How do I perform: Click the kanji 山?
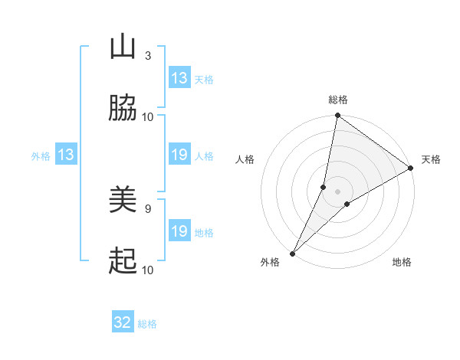pyautogui.click(x=123, y=47)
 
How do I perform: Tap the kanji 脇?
pyautogui.click(x=123, y=109)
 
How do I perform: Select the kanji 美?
pyautogui.click(x=123, y=201)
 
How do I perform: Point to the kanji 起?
pyautogui.click(x=123, y=262)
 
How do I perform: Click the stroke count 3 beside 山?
pyautogui.click(x=147, y=56)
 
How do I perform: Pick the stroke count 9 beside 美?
pyautogui.click(x=147, y=208)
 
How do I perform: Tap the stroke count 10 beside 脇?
pyautogui.click(x=148, y=117)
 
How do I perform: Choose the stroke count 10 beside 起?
pyautogui.click(x=148, y=270)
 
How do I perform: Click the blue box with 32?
pyautogui.click(x=123, y=322)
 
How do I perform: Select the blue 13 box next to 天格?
pyautogui.click(x=179, y=77)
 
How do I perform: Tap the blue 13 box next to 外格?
pyautogui.click(x=66, y=155)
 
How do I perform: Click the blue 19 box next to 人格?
pyautogui.click(x=179, y=155)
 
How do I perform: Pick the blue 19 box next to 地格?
pyautogui.click(x=179, y=231)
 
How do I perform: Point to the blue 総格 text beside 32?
pyautogui.click(x=148, y=324)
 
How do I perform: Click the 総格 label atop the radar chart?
pyautogui.click(x=338, y=100)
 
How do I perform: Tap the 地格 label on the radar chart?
pyautogui.click(x=402, y=263)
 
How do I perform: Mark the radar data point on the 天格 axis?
pyautogui.click(x=411, y=168)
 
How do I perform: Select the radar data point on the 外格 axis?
pyautogui.click(x=293, y=253)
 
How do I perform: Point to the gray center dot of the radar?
pyautogui.click(x=338, y=191)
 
